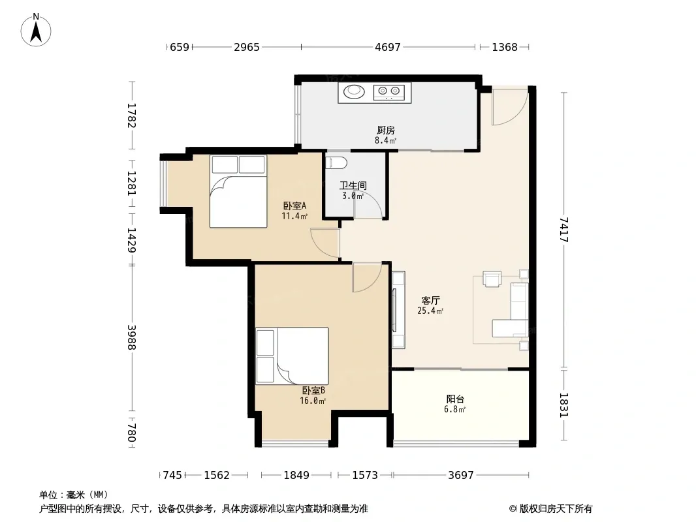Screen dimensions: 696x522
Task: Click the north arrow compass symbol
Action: click(36, 30)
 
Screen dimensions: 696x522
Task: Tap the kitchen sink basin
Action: click(355, 91)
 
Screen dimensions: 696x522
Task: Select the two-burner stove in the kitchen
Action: click(389, 92)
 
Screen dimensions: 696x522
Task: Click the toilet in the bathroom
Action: click(336, 162)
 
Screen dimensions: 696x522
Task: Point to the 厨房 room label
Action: click(386, 130)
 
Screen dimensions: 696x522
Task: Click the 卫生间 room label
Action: click(353, 185)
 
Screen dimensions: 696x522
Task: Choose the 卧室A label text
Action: click(294, 206)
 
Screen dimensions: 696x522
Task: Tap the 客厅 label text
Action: click(430, 301)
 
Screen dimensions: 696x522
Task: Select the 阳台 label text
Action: click(455, 399)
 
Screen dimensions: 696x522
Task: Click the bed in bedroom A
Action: click(238, 191)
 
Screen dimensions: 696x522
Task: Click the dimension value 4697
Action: click(388, 47)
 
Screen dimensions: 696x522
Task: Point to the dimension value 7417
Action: click(563, 229)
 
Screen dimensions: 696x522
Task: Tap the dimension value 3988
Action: click(131, 337)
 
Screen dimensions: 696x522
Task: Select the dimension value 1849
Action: click(296, 475)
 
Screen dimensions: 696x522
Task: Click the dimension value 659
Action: click(180, 47)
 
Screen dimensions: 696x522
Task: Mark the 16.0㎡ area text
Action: click(313, 401)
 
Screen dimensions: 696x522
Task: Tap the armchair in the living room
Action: click(492, 279)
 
